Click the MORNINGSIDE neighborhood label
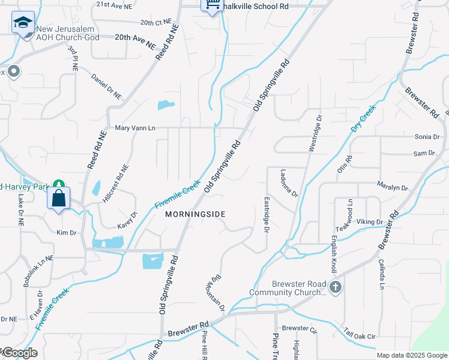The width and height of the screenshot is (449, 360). (195, 214)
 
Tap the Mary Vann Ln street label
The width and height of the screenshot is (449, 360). (134, 128)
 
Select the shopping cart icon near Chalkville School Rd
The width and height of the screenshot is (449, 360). (211, 5)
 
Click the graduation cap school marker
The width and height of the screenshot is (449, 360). (23, 23)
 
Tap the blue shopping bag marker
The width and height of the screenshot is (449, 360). (59, 197)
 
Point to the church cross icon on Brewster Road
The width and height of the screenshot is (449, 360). (336, 287)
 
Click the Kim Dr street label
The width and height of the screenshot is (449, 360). (66, 232)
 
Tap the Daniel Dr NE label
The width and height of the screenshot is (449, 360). (106, 87)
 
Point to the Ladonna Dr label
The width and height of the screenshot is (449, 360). (289, 182)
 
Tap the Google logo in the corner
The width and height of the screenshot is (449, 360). (19, 353)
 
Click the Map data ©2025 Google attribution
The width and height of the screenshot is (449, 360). (412, 355)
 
